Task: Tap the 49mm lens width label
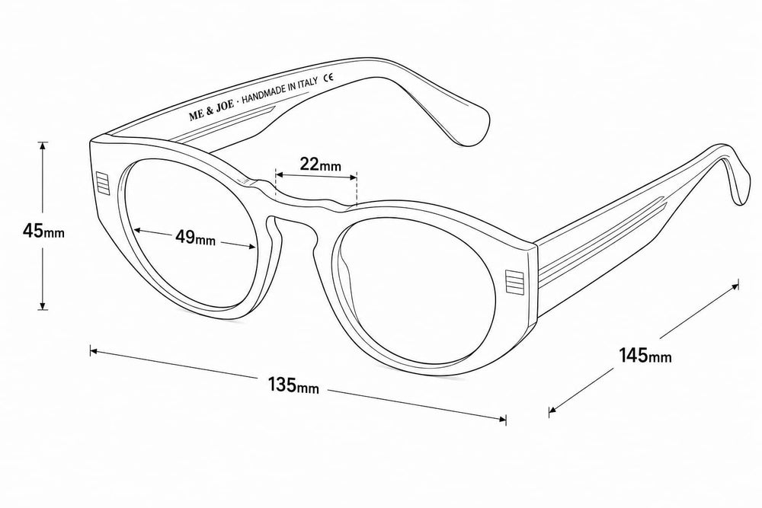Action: point(195,238)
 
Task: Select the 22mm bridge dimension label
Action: point(320,165)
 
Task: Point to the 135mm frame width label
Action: point(294,385)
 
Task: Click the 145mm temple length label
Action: point(645,355)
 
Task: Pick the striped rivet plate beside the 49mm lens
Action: point(103,183)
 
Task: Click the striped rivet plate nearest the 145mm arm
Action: point(513,281)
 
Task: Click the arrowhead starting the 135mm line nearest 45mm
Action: point(94,350)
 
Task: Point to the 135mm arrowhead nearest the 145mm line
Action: point(501,419)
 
